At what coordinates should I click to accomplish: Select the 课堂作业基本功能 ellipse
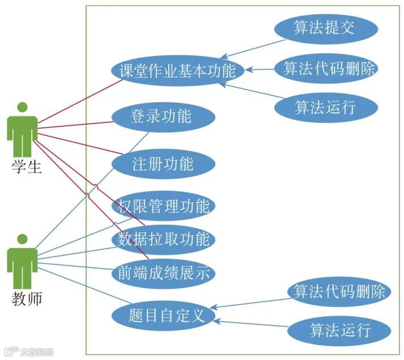click(177, 71)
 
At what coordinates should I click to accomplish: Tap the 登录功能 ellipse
click(161, 117)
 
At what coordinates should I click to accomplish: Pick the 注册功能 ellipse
click(163, 164)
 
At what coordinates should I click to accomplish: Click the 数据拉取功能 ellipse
click(163, 239)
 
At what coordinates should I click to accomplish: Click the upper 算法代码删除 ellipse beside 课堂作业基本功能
click(325, 69)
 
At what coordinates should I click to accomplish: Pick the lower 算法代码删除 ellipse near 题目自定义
click(339, 292)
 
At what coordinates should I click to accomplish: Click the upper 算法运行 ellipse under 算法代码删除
click(325, 107)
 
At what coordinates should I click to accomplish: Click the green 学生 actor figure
click(23, 130)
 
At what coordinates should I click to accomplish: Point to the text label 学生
click(27, 167)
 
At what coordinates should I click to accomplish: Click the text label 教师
click(27, 298)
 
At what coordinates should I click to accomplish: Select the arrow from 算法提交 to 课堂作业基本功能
click(252, 48)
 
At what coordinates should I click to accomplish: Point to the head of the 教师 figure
click(23, 238)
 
